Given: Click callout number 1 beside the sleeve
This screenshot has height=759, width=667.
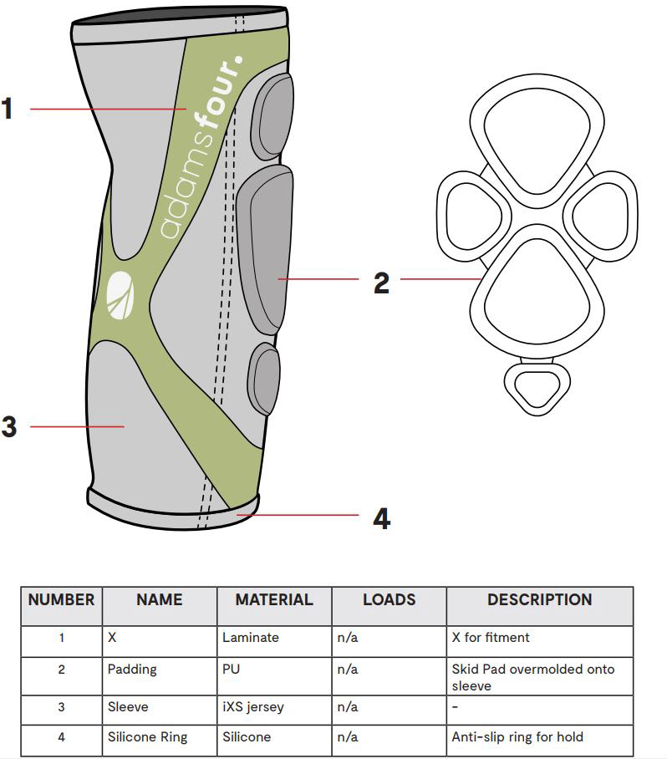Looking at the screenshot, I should pyautogui.click(x=8, y=109).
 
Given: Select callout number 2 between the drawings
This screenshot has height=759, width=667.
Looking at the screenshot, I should pyautogui.click(x=381, y=283).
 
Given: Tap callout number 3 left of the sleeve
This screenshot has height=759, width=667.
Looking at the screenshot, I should pyautogui.click(x=8, y=427).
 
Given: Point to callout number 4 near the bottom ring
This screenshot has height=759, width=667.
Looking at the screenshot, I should pyautogui.click(x=381, y=518).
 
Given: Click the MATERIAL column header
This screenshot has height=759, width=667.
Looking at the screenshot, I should pyautogui.click(x=273, y=600).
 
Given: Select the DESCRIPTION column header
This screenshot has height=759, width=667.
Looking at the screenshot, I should pyautogui.click(x=539, y=600).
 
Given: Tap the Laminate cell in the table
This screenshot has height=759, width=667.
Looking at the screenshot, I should pyautogui.click(x=251, y=638).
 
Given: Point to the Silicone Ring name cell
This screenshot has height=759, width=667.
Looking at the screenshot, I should pyautogui.click(x=147, y=737).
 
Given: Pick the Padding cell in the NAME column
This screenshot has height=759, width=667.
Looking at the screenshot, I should pyautogui.click(x=132, y=670).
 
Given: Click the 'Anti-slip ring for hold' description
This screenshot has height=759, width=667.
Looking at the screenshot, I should pyautogui.click(x=517, y=737).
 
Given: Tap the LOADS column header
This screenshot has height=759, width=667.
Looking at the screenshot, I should pyautogui.click(x=389, y=600).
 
